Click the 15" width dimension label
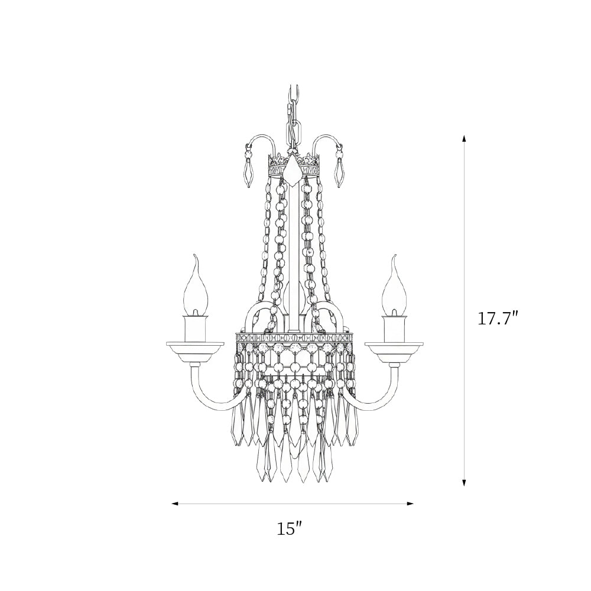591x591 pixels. [290, 529]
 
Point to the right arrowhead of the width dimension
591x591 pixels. [410, 504]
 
